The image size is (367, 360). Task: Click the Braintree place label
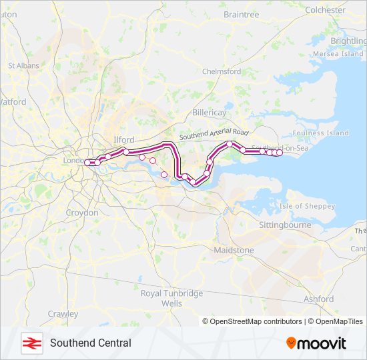(241, 14)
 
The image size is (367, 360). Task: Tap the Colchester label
(325, 10)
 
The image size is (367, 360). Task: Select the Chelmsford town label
(221, 71)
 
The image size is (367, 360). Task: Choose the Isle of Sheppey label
(308, 206)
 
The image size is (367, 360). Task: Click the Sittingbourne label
(285, 225)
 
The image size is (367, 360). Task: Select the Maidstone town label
(234, 250)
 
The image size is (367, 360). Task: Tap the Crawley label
(63, 314)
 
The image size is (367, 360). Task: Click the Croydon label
(82, 213)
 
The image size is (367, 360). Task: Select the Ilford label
(124, 140)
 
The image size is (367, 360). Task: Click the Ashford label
(318, 299)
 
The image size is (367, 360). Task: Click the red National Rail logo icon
(31, 343)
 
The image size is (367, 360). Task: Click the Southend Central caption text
(90, 343)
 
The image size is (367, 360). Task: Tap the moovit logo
(316, 343)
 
